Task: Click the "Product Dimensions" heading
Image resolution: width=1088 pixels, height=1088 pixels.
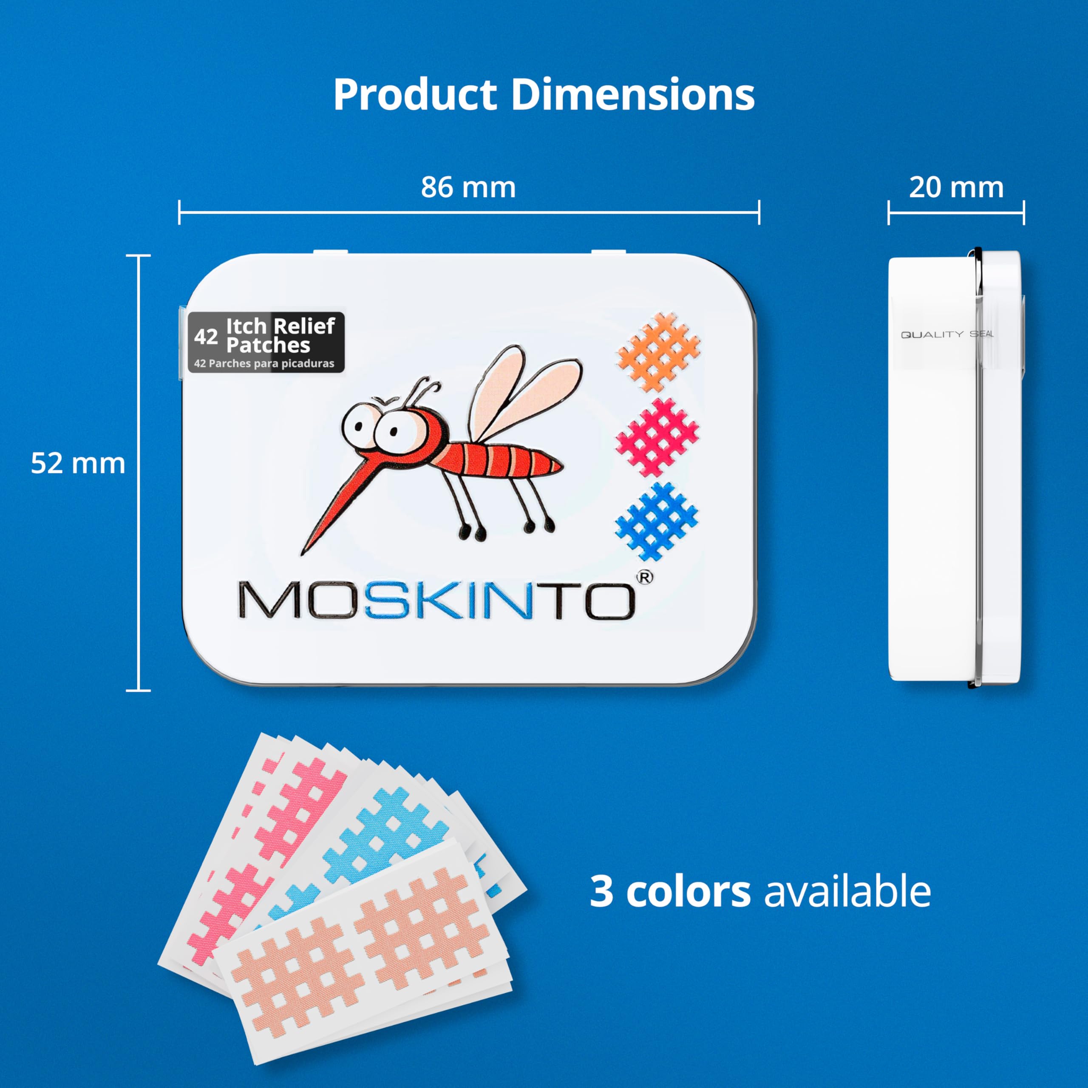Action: click(544, 95)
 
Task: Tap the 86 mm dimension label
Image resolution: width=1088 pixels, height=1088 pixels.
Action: click(468, 187)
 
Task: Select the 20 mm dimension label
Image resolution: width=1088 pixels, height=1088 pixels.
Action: click(956, 187)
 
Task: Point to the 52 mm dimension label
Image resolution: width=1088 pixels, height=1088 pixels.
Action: click(78, 464)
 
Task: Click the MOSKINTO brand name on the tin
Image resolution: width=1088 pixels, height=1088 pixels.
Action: click(438, 602)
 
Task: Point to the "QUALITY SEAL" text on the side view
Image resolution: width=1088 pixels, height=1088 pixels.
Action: click(947, 334)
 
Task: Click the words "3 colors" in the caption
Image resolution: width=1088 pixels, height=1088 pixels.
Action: click(670, 891)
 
